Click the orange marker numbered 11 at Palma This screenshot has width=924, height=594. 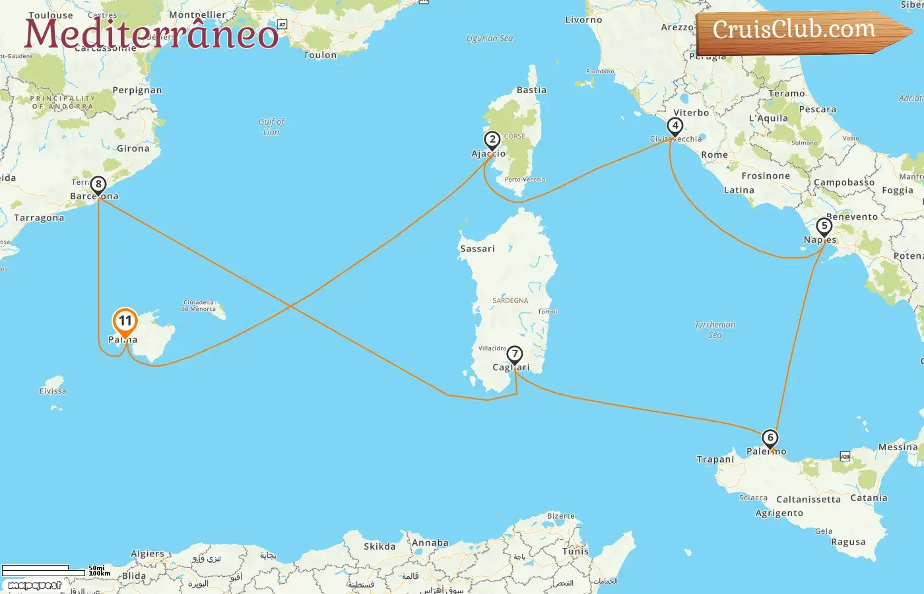coord(125,322)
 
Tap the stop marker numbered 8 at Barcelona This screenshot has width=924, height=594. coord(98,185)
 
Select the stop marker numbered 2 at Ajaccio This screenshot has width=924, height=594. coord(492,140)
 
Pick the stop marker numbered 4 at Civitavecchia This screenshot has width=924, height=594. coord(675,125)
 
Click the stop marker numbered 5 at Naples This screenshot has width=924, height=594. coord(824,226)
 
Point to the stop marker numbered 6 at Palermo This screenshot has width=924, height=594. coord(770,438)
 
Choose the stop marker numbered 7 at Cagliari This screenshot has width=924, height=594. coord(515,354)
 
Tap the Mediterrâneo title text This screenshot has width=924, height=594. coord(151,34)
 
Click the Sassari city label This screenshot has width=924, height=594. coord(477,249)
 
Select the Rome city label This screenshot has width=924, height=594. coord(714,154)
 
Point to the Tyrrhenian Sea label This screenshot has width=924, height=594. coord(715,329)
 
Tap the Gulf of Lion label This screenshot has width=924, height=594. coord(271,127)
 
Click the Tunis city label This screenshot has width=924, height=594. coord(575,551)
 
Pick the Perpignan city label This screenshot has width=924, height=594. coord(137,90)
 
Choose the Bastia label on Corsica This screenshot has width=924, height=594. coord(531,90)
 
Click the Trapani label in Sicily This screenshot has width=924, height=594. coord(715,459)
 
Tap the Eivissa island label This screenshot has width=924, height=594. coord(53,391)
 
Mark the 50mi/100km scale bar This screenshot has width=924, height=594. coord(44,570)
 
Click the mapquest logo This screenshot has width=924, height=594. coord(34,585)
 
